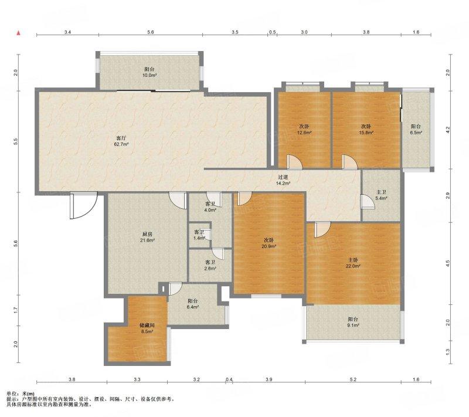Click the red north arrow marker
coord(19,33)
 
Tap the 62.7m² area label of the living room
coord(121,144)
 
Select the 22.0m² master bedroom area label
coord(353,266)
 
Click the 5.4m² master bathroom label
coord(382,198)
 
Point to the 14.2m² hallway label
coord(283,183)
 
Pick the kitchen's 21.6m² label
coord(147,240)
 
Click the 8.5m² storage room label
coord(147,331)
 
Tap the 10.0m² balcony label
coord(149,76)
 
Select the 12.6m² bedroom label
coord(304,133)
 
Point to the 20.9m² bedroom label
coord(269,246)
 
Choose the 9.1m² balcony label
coord(354,325)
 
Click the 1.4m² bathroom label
coord(199,238)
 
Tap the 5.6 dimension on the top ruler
coord(151,32)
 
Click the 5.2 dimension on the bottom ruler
coord(354,379)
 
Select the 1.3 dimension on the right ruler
coord(448,352)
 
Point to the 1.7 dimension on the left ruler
coord(16,310)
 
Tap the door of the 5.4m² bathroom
coord(368,201)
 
